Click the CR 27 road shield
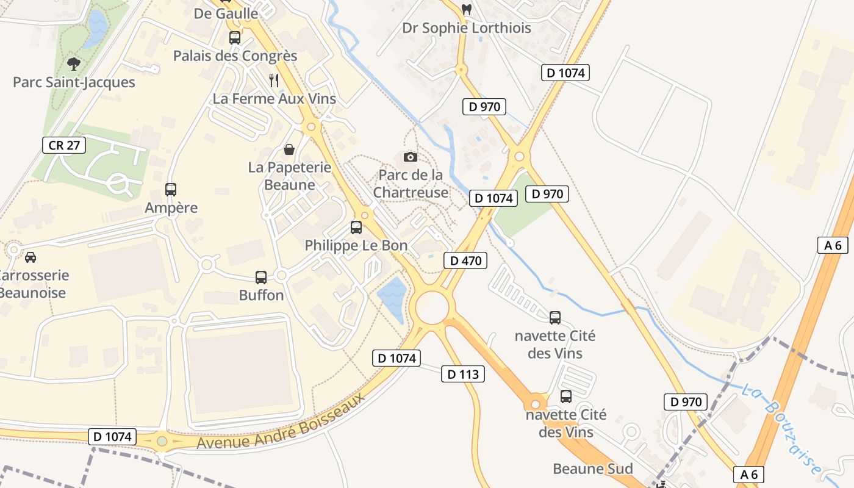pos(64,145)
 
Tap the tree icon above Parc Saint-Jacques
pos(74,63)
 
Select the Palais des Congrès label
pos(235,56)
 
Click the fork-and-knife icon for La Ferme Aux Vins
pos(274,80)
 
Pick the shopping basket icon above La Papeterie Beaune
pos(289,149)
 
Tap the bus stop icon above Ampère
pos(171,190)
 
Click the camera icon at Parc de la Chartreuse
pos(411,157)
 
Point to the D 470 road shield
pos(465,260)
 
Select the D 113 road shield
pos(463,374)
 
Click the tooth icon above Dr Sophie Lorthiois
pos(467,10)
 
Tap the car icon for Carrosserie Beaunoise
pos(30,257)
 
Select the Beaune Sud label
pos(592,468)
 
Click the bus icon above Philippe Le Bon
pos(356,228)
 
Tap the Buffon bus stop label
pos(261,295)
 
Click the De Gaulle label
pos(226,13)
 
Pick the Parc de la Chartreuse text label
pos(411,184)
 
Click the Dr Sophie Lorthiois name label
pos(466,28)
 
